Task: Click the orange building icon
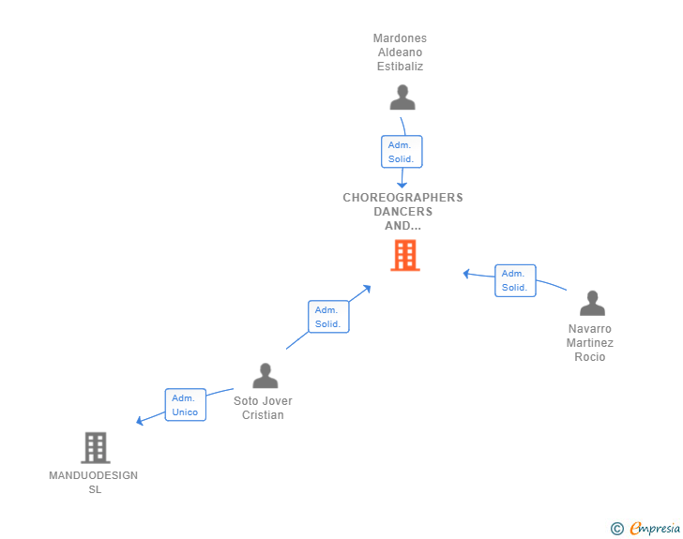(405, 255)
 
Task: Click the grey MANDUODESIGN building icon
(96, 447)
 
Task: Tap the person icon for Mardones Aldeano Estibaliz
(402, 97)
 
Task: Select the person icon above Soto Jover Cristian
(266, 375)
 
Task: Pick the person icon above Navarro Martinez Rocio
(592, 303)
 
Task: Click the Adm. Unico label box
(186, 405)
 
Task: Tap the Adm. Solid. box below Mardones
(402, 152)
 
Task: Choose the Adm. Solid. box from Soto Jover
(328, 317)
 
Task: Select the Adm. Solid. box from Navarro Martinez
(515, 280)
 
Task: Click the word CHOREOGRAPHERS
(402, 198)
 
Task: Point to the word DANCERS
(402, 212)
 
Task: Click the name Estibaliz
(400, 67)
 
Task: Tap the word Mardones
(400, 38)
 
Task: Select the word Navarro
(590, 329)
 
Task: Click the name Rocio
(590, 357)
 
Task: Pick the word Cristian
(263, 415)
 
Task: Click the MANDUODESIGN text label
(93, 475)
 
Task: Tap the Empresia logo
(645, 528)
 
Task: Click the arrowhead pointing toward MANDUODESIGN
(140, 421)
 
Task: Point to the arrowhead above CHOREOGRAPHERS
(402, 185)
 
